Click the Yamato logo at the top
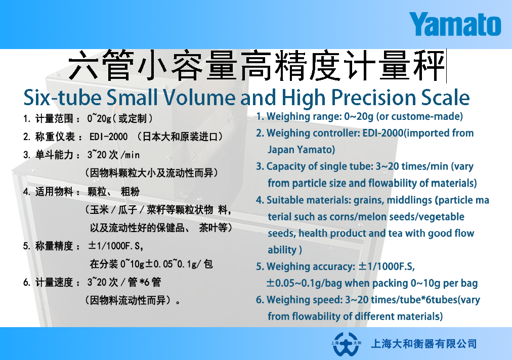[x=455, y=24]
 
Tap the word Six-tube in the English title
[x=62, y=97]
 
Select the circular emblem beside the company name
[x=346, y=344]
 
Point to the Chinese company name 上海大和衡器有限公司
[x=424, y=344]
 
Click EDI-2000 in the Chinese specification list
[x=108, y=137]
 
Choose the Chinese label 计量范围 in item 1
[x=54, y=118]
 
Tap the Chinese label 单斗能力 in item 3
[x=54, y=155]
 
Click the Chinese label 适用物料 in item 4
[x=54, y=191]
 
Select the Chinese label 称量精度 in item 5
[x=54, y=246]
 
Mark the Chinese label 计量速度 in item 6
[x=54, y=282]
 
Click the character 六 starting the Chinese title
[x=83, y=65]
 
